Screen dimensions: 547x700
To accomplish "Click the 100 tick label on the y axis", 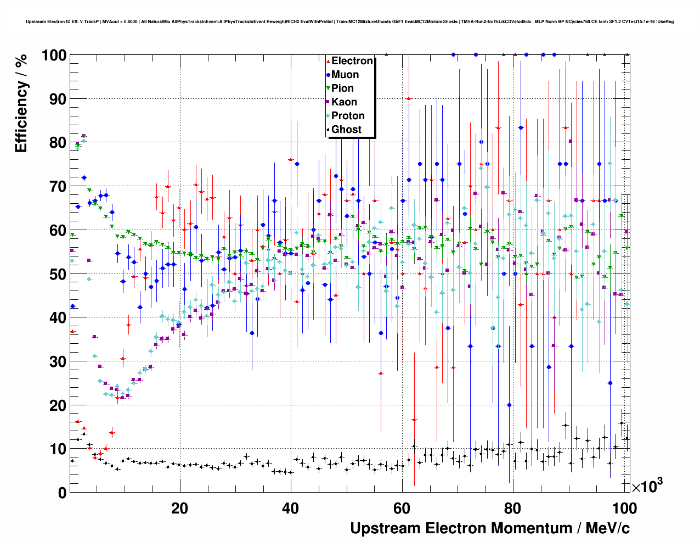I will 54,55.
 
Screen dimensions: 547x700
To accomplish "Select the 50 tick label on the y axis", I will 58,274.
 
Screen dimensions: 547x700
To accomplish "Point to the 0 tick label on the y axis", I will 62,493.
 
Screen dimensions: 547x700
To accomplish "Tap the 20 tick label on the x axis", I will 179,508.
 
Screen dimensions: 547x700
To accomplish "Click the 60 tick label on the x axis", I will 402,508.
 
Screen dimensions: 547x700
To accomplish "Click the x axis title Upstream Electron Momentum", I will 490,528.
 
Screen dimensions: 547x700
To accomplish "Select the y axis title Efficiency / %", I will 21,103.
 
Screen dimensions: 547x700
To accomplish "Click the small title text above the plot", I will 349,22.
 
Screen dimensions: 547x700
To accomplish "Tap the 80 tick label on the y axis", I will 58,143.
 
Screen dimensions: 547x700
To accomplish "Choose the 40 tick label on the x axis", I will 290,508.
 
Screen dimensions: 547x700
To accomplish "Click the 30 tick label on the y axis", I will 58,361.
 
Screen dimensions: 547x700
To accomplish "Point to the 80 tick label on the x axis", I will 512,508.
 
